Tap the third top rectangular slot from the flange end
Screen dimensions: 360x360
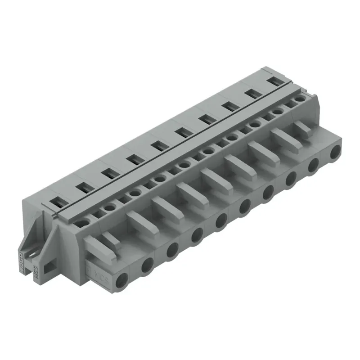[x=108, y=172]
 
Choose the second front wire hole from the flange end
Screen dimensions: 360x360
[x=147, y=266]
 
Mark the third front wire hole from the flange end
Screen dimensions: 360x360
[x=172, y=250]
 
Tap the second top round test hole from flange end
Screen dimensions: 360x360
[x=109, y=208]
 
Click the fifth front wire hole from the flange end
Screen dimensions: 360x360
[x=220, y=221]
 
